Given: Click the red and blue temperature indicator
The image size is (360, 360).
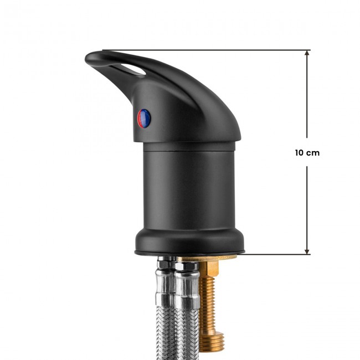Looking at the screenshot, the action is pos(144,119).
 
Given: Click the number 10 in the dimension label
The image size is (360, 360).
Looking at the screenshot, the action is pos(300,153).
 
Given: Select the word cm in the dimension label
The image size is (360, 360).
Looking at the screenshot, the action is pos(313,153).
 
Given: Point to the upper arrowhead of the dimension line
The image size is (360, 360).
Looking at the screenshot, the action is pos(307,53).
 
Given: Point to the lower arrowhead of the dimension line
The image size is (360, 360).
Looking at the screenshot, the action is pos(307,251).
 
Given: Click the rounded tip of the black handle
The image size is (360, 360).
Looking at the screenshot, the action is pos(89,57).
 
